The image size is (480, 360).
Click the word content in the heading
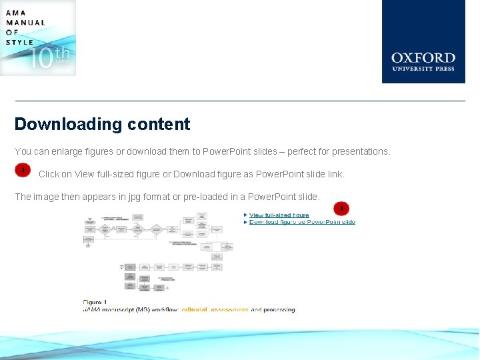pos(157,125)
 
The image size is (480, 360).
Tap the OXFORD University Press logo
pos(423,41)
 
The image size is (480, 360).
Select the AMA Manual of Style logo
pos(38,38)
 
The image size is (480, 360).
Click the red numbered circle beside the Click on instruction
pos(23,171)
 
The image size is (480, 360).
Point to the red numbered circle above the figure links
pos(341,208)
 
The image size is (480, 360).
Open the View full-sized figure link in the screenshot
pos(279,215)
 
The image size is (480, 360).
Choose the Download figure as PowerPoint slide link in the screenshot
pos(302,222)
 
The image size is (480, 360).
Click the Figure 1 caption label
pos(95,303)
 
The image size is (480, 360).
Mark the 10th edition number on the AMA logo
pos(50,59)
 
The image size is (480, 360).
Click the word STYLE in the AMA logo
pos(19,42)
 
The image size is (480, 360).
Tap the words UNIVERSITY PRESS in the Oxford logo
pos(423,68)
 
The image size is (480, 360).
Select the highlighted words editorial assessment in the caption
pos(215,310)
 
